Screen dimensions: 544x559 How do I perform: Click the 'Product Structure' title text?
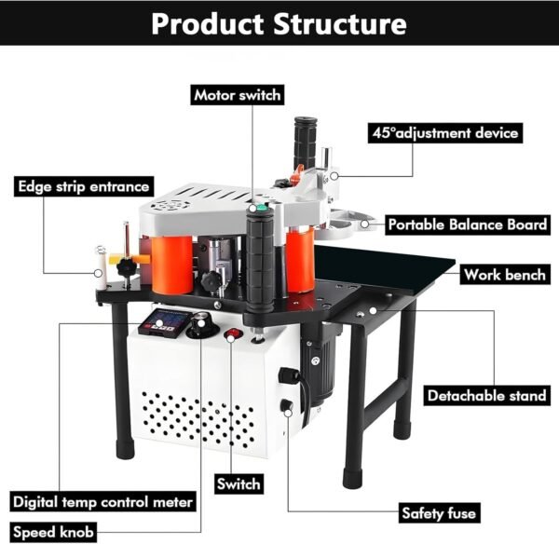(279, 22)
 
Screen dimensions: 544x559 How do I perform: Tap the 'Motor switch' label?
(237, 95)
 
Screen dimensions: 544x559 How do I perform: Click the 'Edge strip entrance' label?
(83, 185)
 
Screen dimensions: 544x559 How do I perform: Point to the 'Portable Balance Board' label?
(467, 224)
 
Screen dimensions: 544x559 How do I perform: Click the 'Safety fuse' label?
(439, 513)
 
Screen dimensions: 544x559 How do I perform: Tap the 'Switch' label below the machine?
(239, 483)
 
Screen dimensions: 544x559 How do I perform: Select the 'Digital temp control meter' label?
(103, 502)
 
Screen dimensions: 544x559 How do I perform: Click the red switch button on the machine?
(235, 333)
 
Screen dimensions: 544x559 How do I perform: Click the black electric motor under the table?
(316, 369)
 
